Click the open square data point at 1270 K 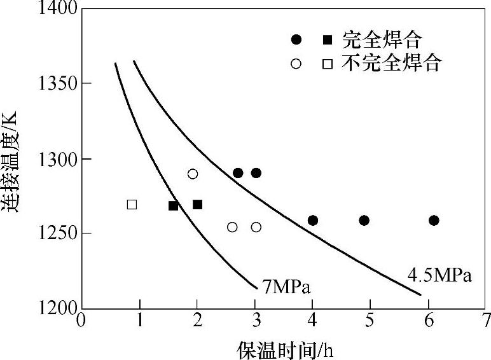pyautogui.click(x=132, y=205)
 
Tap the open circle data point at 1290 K pyautogui.click(x=193, y=174)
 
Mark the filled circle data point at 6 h pyautogui.click(x=434, y=221)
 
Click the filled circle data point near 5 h pyautogui.click(x=364, y=221)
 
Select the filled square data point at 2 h pyautogui.click(x=197, y=204)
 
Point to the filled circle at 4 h pyautogui.click(x=312, y=221)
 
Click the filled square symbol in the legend pyautogui.click(x=327, y=40)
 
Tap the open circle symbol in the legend pyautogui.click(x=296, y=64)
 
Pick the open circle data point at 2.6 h pyautogui.click(x=232, y=227)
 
